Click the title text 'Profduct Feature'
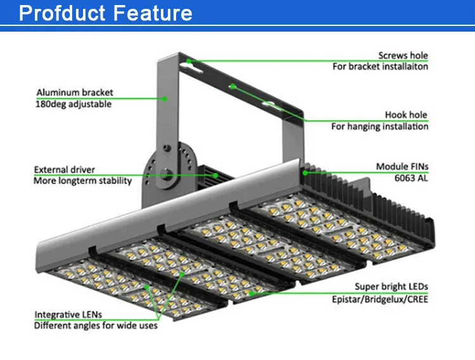click(x=106, y=13)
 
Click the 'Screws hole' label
click(x=403, y=56)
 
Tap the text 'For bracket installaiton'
click(x=380, y=66)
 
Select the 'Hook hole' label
click(x=406, y=115)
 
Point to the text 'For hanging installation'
click(x=379, y=126)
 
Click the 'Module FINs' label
click(x=402, y=167)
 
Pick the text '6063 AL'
click(x=413, y=178)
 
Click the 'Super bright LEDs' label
click(x=391, y=287)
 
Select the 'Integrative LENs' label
click(x=68, y=314)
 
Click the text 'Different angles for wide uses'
click(x=96, y=325)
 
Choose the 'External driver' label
click(x=65, y=170)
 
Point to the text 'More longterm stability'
click(x=83, y=181)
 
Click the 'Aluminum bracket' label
click(x=75, y=93)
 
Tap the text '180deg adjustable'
click(x=73, y=104)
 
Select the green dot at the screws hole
click(x=190, y=61)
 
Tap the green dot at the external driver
click(x=216, y=174)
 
